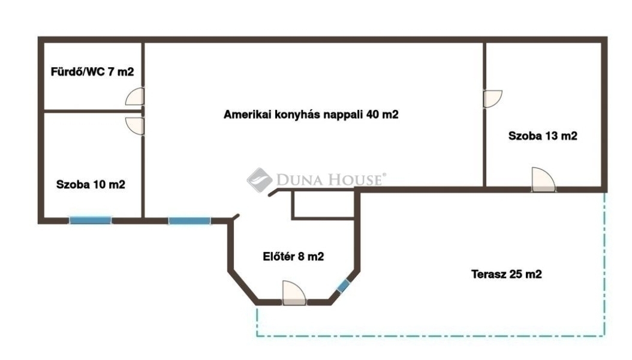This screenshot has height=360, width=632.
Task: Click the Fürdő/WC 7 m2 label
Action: [x=92, y=72]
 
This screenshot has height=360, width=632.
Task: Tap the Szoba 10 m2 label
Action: [x=91, y=185]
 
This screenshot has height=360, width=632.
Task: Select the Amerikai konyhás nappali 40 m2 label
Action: [x=311, y=115]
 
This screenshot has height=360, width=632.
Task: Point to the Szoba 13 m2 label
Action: [x=543, y=136]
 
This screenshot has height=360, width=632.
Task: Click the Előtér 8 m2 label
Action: [x=293, y=256]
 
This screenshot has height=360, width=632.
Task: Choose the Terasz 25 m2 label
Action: [x=506, y=274]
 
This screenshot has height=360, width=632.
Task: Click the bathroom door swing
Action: [x=135, y=97]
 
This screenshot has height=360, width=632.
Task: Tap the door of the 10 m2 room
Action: [x=135, y=126]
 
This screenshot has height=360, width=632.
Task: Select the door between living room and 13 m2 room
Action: [x=492, y=99]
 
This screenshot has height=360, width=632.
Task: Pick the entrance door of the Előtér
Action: [x=294, y=293]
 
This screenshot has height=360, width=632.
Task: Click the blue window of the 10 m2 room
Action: [x=90, y=220]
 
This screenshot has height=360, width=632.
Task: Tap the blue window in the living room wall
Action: [x=189, y=221]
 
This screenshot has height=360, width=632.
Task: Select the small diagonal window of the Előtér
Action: [x=344, y=286]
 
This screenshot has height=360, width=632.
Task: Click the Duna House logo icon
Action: [x=260, y=180]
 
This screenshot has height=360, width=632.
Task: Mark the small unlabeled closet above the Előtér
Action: [x=323, y=204]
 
